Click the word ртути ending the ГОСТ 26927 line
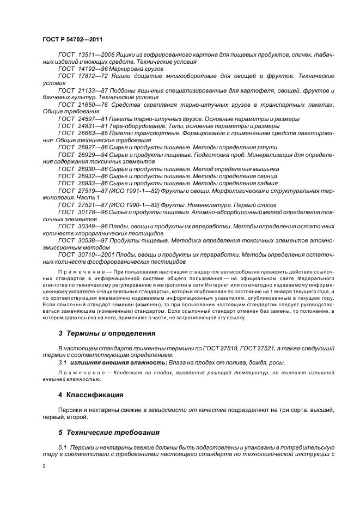(268, 148)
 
